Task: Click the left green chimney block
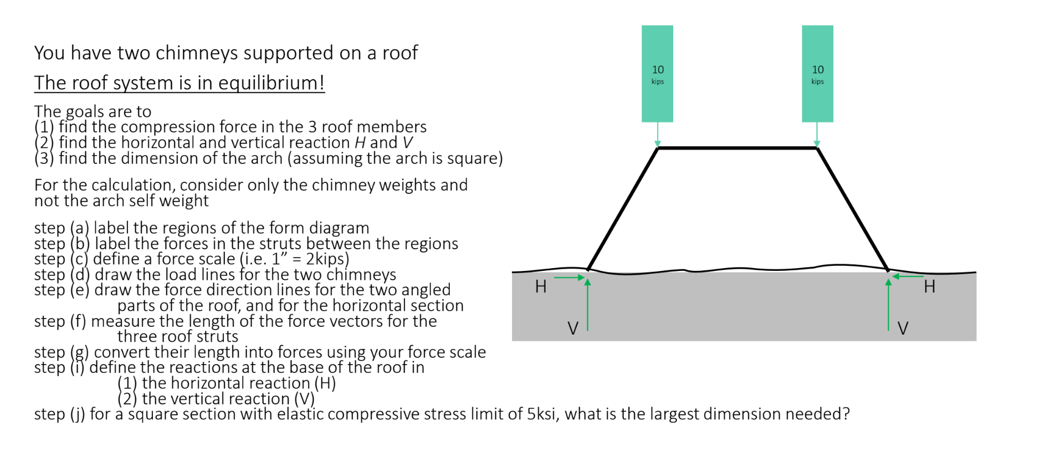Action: tap(657, 73)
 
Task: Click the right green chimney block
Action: tap(817, 73)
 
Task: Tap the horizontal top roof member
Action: tap(737, 148)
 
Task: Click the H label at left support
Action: tap(541, 286)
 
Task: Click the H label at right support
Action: tap(929, 286)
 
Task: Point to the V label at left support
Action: tap(573, 329)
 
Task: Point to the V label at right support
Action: tap(903, 329)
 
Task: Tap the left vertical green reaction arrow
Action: tap(587, 305)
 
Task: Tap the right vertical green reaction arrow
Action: tap(888, 305)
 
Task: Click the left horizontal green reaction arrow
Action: tap(570, 277)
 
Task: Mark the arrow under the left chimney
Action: tap(657, 134)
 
